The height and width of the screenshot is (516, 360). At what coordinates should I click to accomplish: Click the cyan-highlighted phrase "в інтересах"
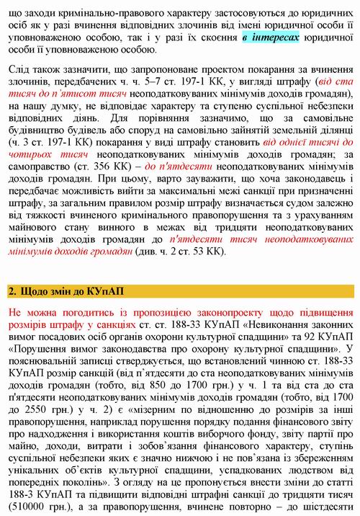coord(270,37)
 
